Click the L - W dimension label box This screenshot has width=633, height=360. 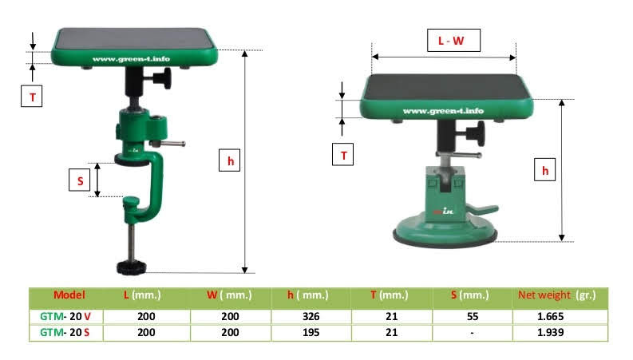point(453,41)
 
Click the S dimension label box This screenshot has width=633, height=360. point(80,180)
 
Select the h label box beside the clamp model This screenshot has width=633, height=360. point(229,160)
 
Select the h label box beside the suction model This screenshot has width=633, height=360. point(544,169)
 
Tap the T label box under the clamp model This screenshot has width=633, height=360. point(31,96)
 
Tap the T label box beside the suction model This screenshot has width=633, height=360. point(342,155)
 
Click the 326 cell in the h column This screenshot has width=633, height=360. point(311,316)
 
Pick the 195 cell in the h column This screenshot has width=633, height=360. point(311,333)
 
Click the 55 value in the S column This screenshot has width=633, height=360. point(473,316)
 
